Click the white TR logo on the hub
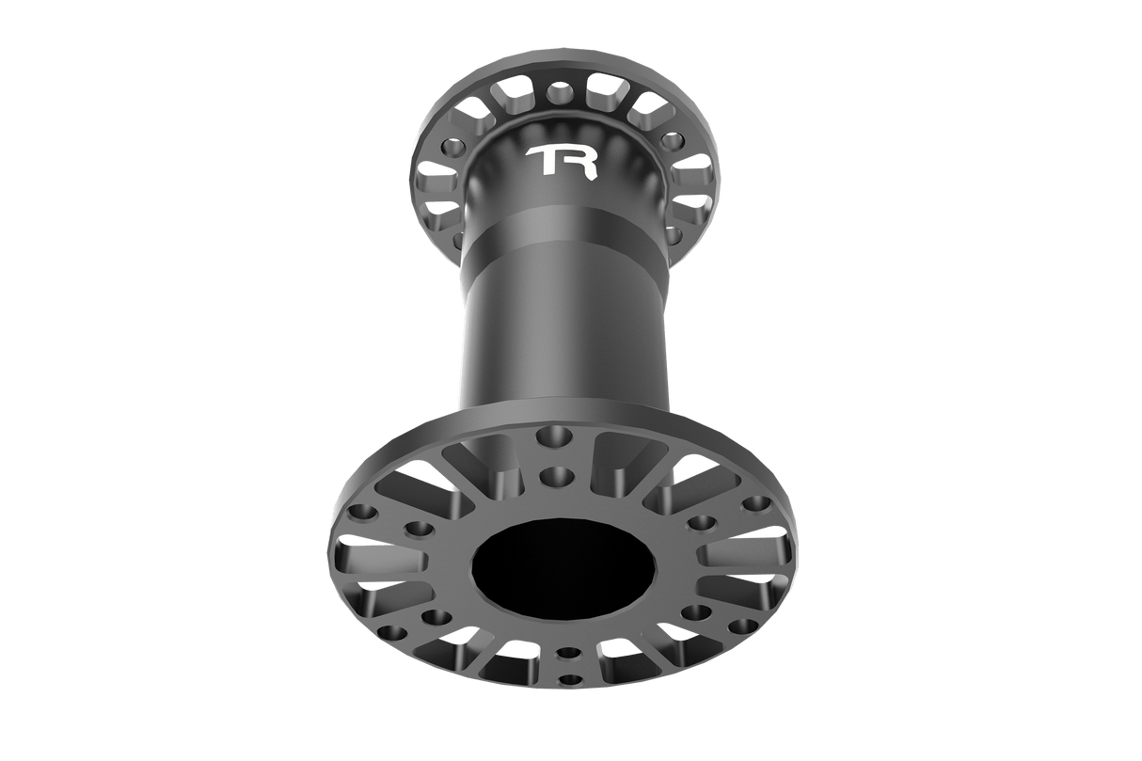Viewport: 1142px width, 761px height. [x=563, y=161]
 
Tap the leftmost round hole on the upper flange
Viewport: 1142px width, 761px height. [x=453, y=148]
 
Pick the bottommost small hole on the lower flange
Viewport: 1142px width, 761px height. [x=567, y=678]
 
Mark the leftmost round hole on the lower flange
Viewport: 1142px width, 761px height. [x=359, y=514]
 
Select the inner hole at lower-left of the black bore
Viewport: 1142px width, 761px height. [x=435, y=617]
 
